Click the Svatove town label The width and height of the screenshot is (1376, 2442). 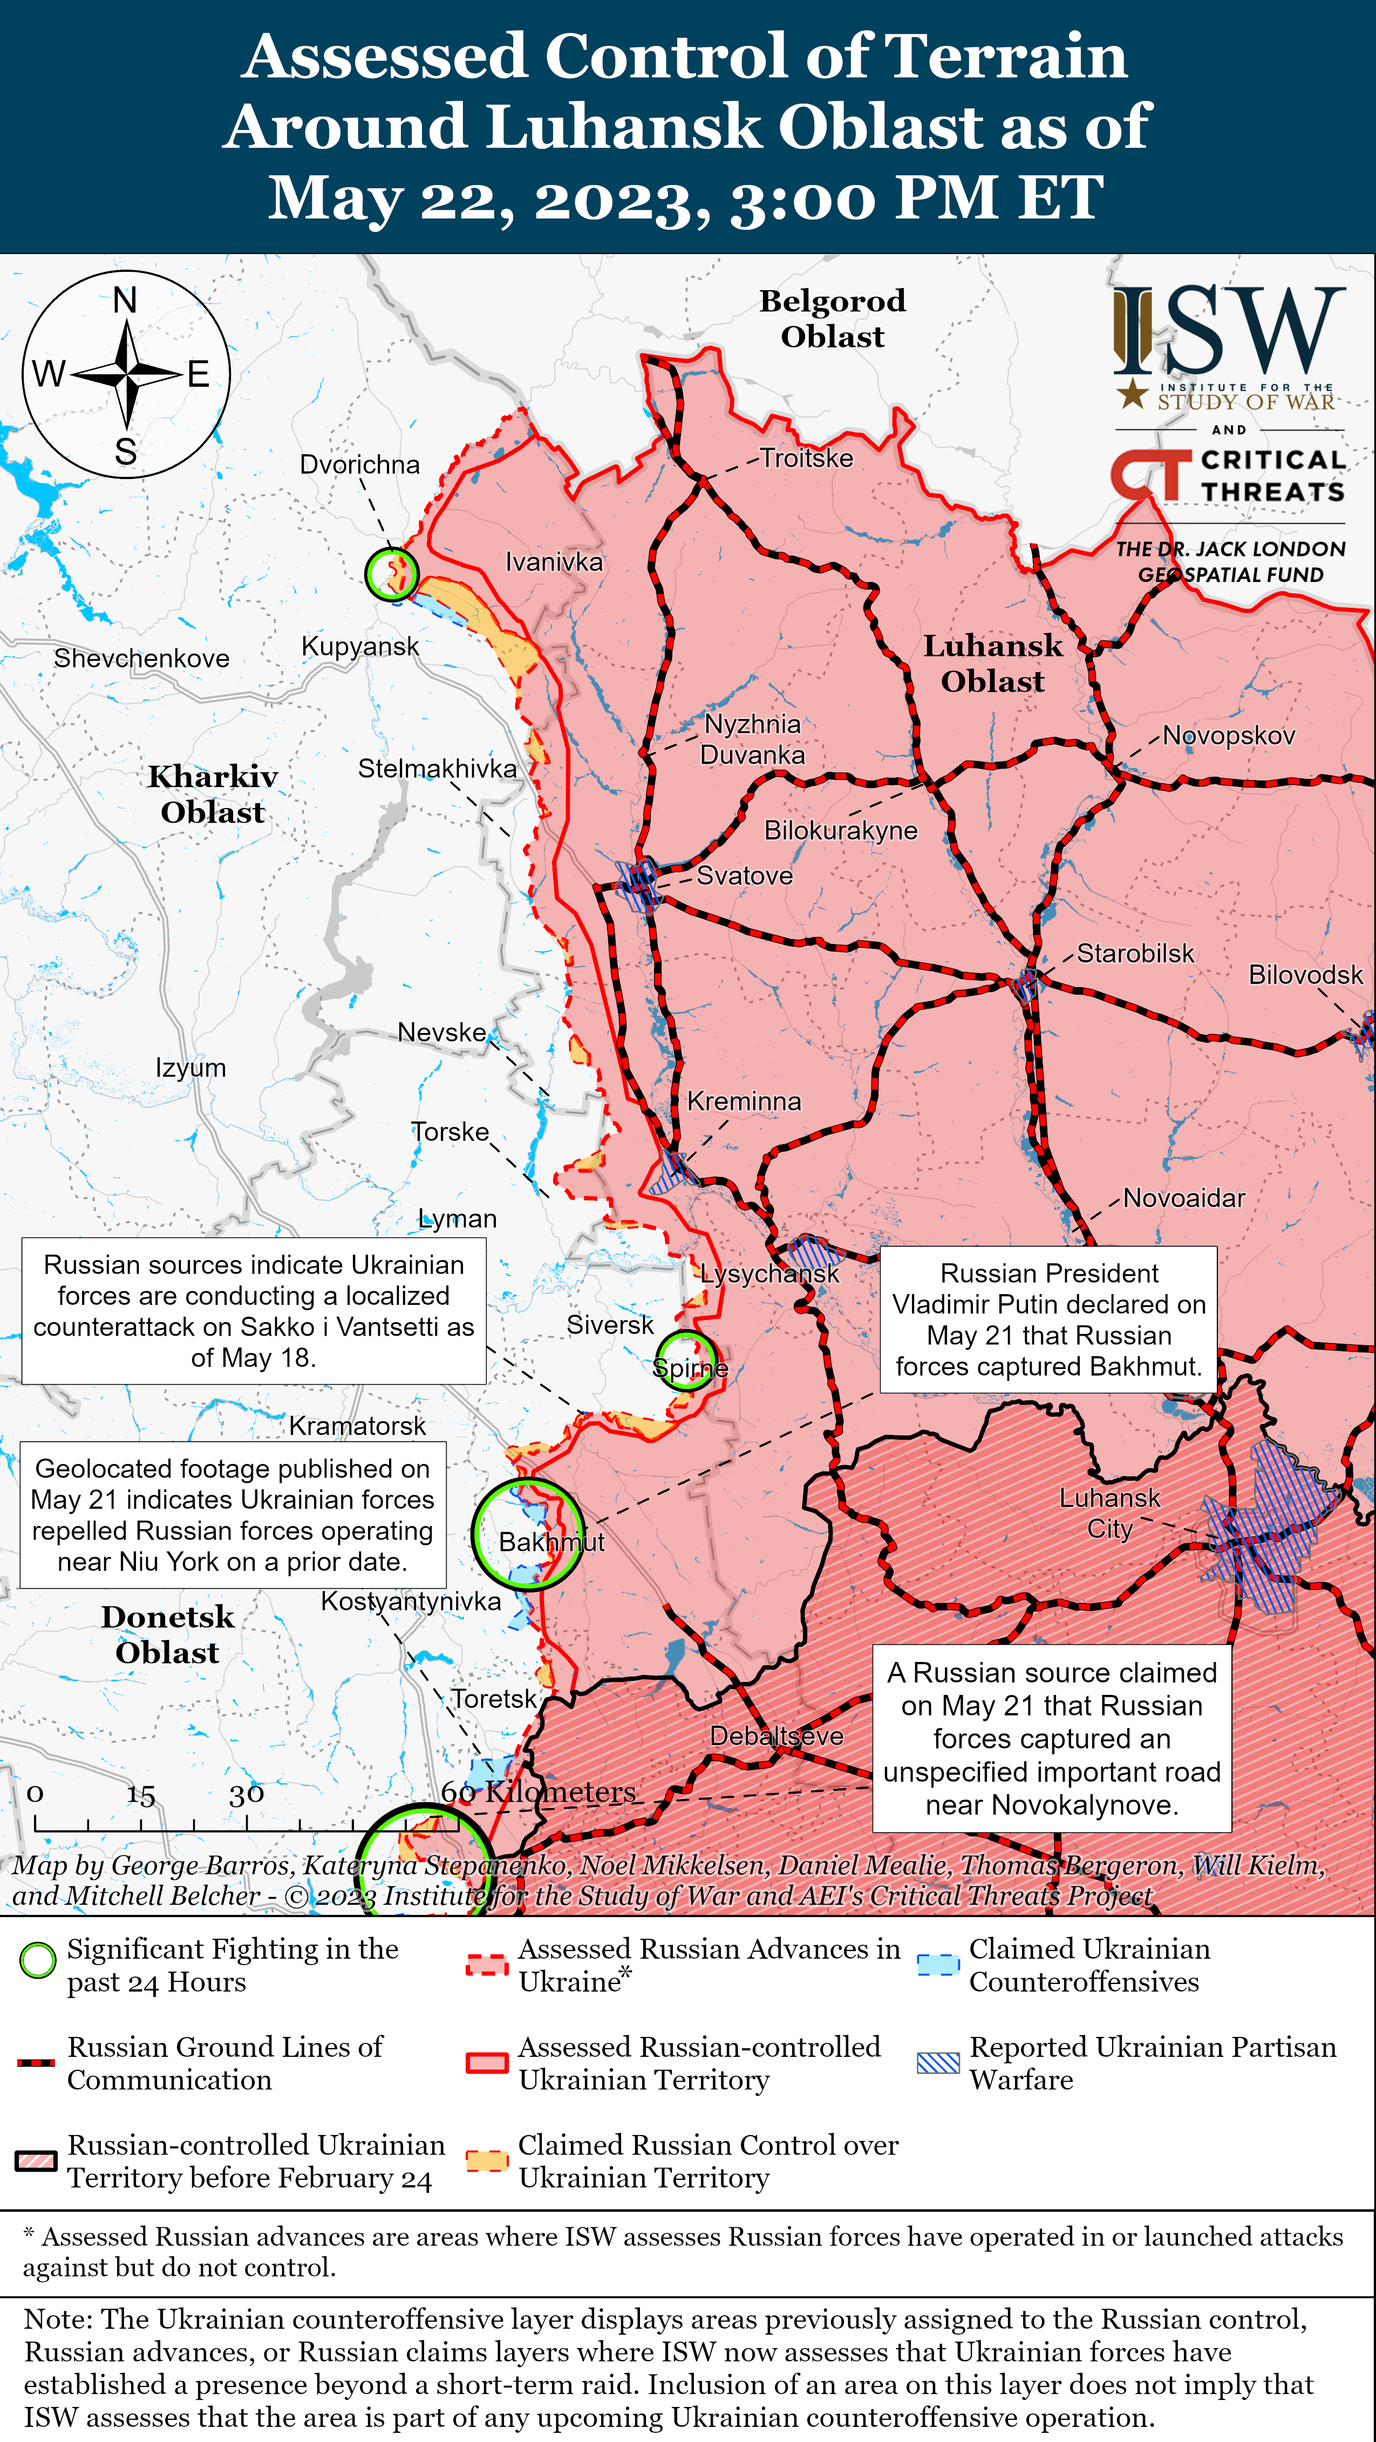point(745,875)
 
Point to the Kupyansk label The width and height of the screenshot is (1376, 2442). point(359,647)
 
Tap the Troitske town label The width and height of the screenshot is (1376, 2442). point(806,458)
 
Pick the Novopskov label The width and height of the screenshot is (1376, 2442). point(1228,736)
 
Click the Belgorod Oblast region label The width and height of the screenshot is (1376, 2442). point(832,318)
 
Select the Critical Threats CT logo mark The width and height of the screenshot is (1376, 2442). point(1149,474)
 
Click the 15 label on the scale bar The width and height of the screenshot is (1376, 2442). point(140,1795)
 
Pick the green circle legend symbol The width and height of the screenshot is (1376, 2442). point(38,1960)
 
